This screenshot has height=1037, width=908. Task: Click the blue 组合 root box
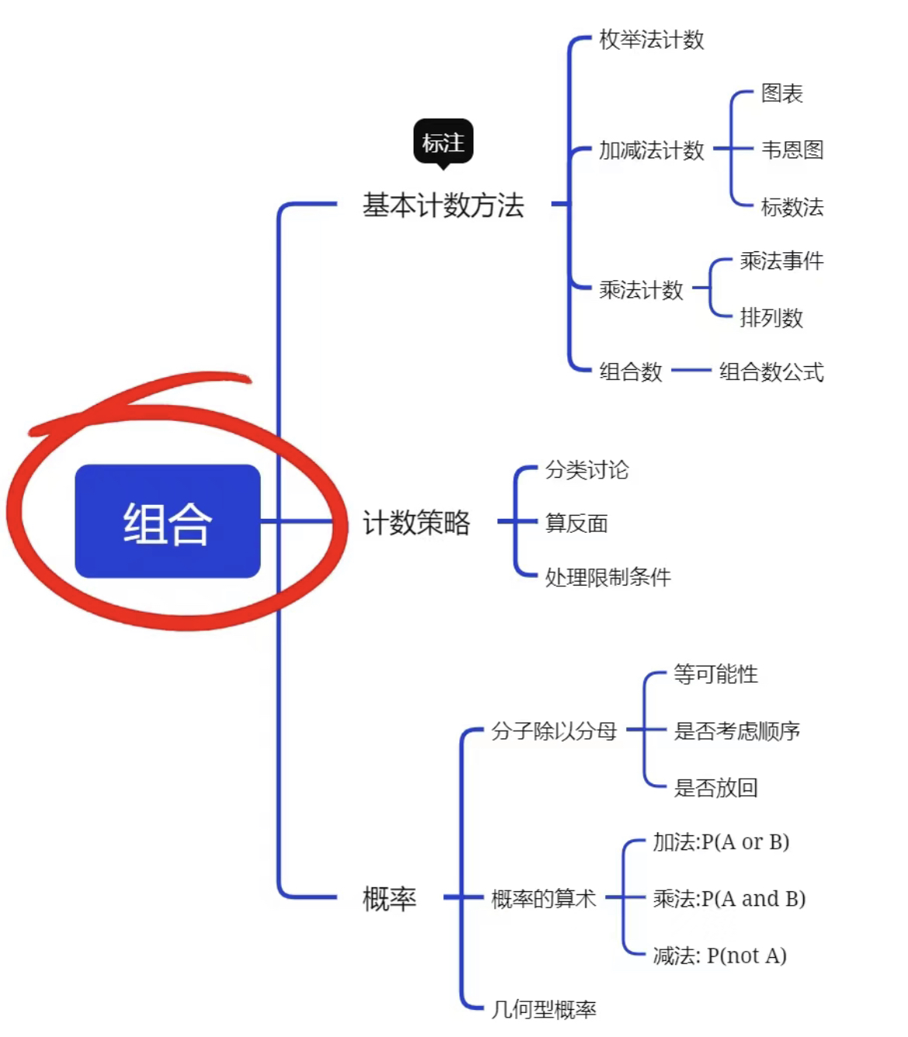[x=168, y=521]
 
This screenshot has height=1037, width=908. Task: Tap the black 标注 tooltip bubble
[x=443, y=143]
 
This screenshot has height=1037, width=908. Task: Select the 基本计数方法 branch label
[x=443, y=206]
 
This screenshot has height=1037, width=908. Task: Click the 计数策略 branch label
[x=416, y=523]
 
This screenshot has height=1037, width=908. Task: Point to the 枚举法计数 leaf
[x=651, y=40]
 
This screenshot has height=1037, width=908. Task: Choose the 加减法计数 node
[x=651, y=150]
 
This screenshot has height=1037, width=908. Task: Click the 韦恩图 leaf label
[x=792, y=150]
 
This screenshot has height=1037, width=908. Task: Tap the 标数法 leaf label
[x=792, y=207]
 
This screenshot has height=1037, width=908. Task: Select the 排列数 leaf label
[x=771, y=318]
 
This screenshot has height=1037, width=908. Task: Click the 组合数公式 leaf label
[x=771, y=372]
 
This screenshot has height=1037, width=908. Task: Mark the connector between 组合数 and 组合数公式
[x=691, y=370]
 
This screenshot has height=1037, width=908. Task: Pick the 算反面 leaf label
[x=577, y=523]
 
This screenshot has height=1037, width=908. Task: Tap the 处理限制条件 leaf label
[x=608, y=577]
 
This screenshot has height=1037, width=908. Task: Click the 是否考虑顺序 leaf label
[x=736, y=731]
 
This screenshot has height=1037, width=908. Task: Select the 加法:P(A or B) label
[x=721, y=842]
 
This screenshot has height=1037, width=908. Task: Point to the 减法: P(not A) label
[x=719, y=956]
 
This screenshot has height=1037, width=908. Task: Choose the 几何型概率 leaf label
[x=543, y=1009]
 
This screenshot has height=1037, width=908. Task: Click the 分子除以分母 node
[x=553, y=731]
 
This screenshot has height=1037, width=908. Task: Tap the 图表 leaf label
[x=782, y=93]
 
